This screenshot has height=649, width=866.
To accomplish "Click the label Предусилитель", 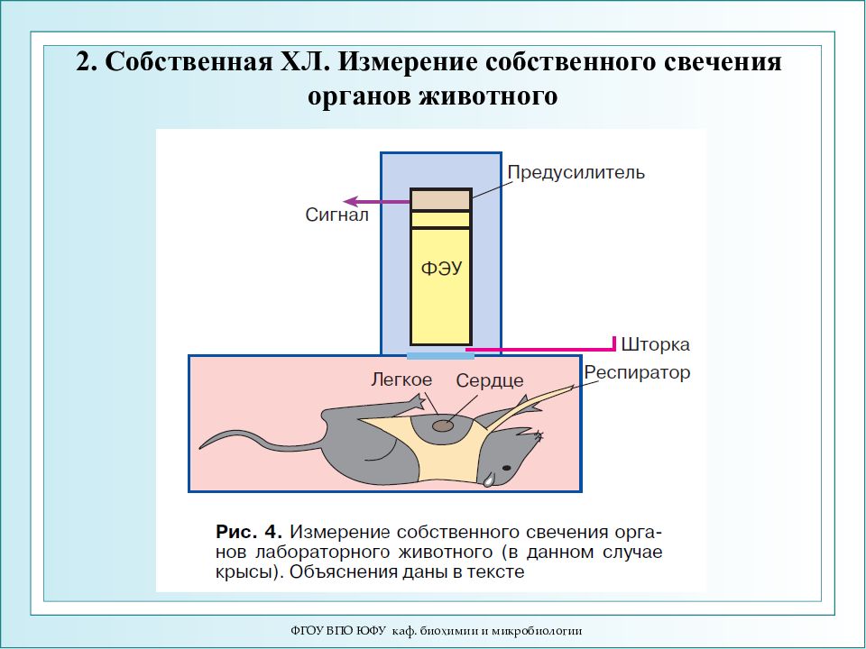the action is coord(576,172).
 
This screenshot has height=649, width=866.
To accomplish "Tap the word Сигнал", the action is coord(336,215).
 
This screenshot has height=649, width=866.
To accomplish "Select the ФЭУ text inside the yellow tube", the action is coord(441,269).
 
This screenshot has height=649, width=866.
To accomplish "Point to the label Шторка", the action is coord(655,344).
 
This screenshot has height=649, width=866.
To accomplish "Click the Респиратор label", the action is coord(638,373).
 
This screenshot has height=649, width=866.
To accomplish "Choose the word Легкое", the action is coord(401,379).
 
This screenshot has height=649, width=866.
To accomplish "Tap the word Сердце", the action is coord(490,380).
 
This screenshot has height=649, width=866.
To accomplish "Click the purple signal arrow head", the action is coord(350,201).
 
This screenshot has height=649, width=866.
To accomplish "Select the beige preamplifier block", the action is coord(441,200).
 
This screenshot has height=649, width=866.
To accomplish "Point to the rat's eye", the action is coord(506,468).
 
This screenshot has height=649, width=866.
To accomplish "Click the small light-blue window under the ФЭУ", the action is coord(441,356).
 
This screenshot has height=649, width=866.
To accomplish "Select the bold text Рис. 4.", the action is coord(249,532).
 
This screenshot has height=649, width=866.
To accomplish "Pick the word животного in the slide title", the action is coord(488,96).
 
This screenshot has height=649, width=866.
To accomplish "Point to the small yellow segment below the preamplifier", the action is coord(441,220).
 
